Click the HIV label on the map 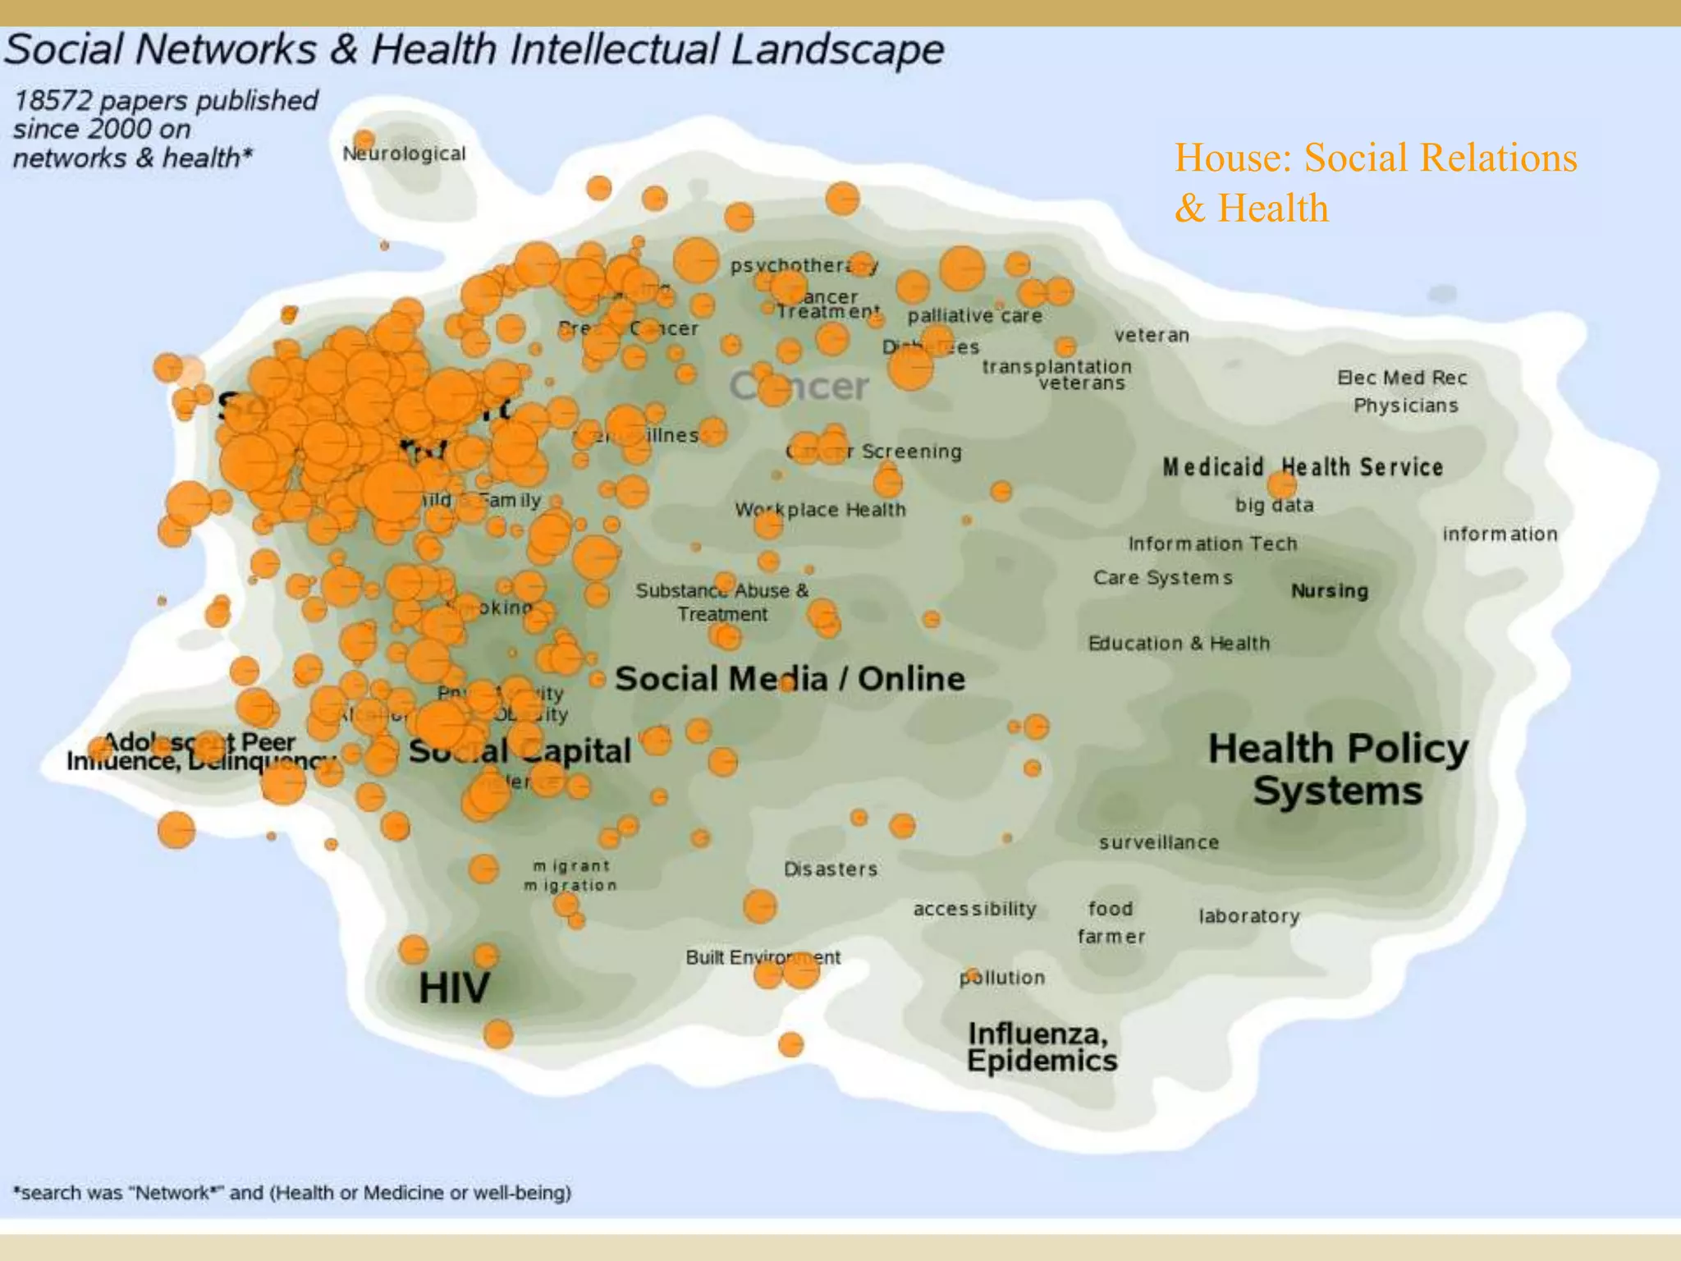click(x=454, y=988)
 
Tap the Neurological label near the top click(x=404, y=154)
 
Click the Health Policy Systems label click(x=1338, y=769)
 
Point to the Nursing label click(x=1329, y=591)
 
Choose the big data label click(x=1274, y=506)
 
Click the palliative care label click(x=974, y=316)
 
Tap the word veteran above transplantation click(x=1151, y=335)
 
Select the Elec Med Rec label click(x=1401, y=378)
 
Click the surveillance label click(x=1158, y=842)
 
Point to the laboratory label click(x=1248, y=916)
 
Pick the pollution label click(x=1002, y=978)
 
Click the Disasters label click(x=830, y=869)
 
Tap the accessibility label click(x=974, y=909)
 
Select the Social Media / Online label click(x=790, y=679)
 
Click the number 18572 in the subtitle click(x=53, y=101)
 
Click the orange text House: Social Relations click(x=1375, y=158)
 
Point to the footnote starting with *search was click(x=292, y=1193)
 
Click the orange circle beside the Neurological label click(x=364, y=140)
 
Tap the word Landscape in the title click(x=836, y=50)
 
